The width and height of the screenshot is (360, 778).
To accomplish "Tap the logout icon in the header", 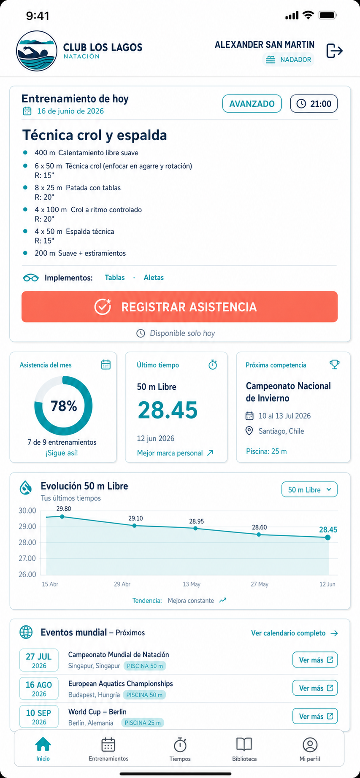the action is click(x=334, y=51).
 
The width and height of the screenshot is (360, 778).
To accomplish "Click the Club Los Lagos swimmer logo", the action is click(x=37, y=51).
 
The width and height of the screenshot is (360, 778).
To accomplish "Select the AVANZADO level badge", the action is click(x=252, y=104).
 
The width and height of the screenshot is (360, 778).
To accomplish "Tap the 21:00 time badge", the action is click(x=314, y=104).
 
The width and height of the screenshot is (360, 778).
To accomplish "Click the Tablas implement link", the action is click(x=115, y=278).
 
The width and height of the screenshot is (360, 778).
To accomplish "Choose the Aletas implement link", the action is click(x=154, y=278).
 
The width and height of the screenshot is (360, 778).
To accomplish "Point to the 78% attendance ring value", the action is click(x=64, y=406).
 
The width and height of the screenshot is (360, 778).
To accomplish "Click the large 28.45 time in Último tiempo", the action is click(x=168, y=410).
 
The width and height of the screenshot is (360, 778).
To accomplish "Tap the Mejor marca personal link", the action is click(x=175, y=453).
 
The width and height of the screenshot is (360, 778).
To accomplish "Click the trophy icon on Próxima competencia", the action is click(x=335, y=365).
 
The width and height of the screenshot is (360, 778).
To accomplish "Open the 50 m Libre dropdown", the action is click(x=309, y=489).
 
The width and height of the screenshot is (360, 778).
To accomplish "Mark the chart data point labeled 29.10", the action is click(x=135, y=526).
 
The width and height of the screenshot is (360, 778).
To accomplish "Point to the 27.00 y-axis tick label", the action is click(x=27, y=559).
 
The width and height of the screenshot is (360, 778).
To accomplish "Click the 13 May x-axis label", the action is click(x=192, y=584).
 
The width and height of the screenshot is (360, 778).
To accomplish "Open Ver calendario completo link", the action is click(x=295, y=633).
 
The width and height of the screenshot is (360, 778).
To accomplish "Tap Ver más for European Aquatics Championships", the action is click(x=315, y=688).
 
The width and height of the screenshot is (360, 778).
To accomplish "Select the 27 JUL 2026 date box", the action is click(x=39, y=660).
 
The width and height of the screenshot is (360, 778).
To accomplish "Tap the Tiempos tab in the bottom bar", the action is click(x=180, y=749).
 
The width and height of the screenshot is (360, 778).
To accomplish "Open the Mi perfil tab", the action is click(x=310, y=749).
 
